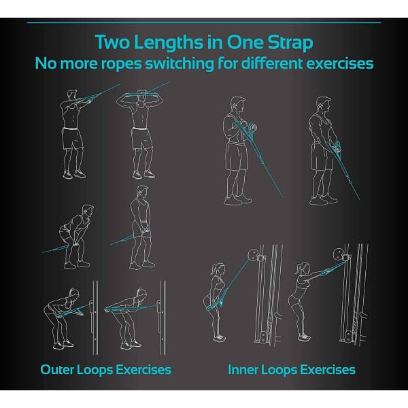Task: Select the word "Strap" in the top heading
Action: [290, 41]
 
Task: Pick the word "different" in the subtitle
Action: [280, 63]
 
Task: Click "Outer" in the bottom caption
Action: [59, 370]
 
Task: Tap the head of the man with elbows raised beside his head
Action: [143, 97]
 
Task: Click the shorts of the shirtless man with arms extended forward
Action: [73, 139]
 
